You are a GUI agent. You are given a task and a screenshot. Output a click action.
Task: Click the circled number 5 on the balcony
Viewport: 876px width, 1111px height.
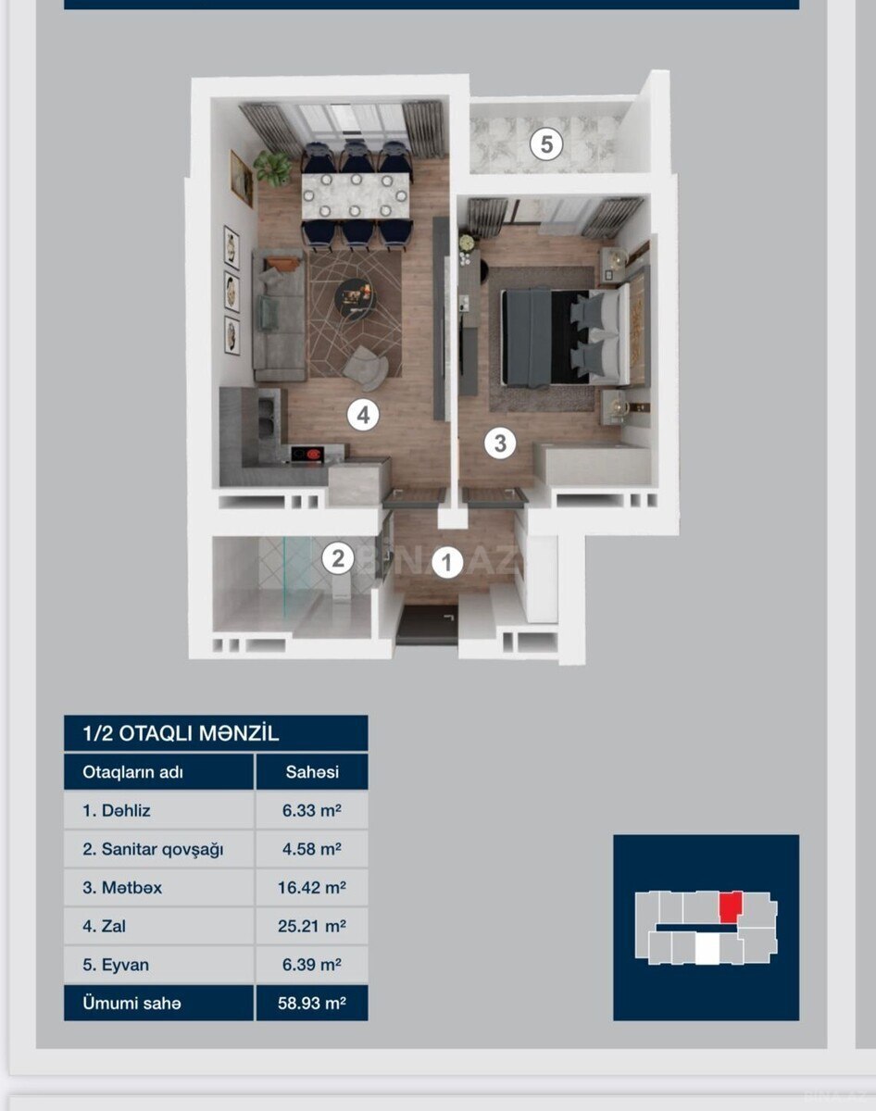point(546,144)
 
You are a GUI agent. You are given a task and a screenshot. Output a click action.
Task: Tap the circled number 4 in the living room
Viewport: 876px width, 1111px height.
point(363,415)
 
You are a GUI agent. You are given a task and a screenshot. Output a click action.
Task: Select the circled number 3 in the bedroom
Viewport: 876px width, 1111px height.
point(500,443)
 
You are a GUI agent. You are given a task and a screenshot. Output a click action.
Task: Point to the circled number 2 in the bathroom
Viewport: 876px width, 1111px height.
point(338,558)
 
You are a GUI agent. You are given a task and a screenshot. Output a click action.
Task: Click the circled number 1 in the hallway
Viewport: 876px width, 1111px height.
point(448,562)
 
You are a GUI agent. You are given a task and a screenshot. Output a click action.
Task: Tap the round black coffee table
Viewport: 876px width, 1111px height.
point(355,299)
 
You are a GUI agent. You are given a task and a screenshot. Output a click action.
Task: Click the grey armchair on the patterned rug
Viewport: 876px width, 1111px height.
point(366,368)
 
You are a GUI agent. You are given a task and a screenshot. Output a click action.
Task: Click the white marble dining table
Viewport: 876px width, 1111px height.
point(356,195)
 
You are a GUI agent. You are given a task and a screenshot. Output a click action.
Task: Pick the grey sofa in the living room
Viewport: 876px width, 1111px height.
point(279,315)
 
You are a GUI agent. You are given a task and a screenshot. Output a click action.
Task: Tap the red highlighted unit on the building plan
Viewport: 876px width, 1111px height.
point(731,906)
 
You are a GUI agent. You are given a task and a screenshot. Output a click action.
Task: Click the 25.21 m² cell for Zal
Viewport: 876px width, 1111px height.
point(312,926)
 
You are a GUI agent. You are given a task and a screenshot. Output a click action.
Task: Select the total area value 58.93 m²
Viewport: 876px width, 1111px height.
point(312,1003)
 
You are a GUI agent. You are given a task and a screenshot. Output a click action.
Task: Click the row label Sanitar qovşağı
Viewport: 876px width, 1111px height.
point(153,850)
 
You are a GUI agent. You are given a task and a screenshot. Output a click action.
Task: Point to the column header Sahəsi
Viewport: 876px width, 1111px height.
point(312,772)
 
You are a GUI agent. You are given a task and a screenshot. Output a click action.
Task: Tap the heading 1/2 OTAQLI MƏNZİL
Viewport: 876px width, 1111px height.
point(181,733)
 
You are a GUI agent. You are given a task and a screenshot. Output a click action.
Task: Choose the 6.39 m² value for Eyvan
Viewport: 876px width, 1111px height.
point(312,965)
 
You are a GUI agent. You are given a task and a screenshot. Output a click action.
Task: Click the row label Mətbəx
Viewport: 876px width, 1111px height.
point(122,888)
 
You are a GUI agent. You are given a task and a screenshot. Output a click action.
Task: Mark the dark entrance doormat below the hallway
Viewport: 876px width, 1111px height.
point(428,624)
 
